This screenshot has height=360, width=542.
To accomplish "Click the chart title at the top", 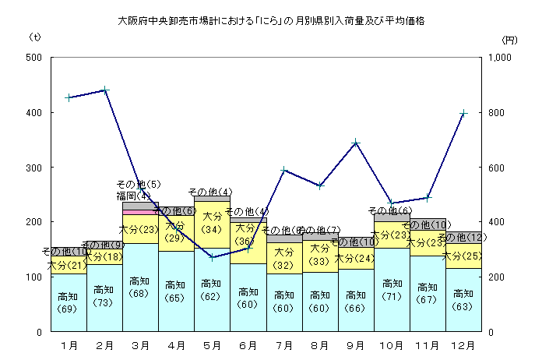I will pyautogui.click(x=271, y=18).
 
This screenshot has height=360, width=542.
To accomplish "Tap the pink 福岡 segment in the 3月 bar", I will pyautogui.click(x=140, y=212).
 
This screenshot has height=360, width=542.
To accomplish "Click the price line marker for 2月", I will pyautogui.click(x=104, y=90).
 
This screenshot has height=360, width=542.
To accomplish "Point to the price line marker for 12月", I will pyautogui.click(x=463, y=114).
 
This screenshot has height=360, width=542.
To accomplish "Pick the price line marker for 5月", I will pyautogui.click(x=212, y=257).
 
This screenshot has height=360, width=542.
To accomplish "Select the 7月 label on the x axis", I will pyautogui.click(x=283, y=344).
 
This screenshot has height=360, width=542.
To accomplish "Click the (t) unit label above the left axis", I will pyautogui.click(x=35, y=37).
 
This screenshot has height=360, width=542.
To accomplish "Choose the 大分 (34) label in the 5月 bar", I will pyautogui.click(x=212, y=223).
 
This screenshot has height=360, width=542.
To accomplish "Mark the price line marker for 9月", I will pyautogui.click(x=356, y=143).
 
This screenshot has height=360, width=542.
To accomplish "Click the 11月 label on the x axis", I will pyautogui.click(x=428, y=344).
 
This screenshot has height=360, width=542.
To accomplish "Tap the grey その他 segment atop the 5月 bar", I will pyautogui.click(x=212, y=199).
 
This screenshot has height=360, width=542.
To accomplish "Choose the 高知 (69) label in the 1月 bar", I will pyautogui.click(x=69, y=302).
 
